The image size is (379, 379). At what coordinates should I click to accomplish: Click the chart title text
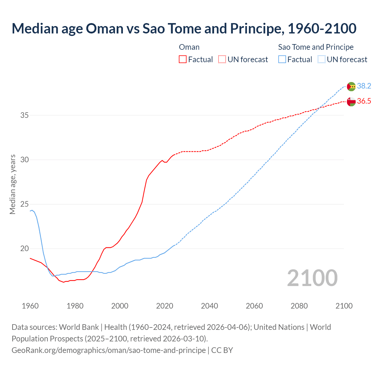click(x=184, y=28)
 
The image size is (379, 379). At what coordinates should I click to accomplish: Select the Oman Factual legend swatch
click(x=183, y=60)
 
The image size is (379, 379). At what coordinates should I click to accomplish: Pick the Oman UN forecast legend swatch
click(x=222, y=60)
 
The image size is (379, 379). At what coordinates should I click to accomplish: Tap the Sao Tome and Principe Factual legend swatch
click(x=282, y=60)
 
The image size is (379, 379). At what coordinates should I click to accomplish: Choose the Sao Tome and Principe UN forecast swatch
click(x=322, y=60)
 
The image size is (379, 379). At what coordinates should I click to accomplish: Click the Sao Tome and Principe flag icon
click(x=351, y=86)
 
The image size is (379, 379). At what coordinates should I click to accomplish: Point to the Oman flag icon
click(x=351, y=102)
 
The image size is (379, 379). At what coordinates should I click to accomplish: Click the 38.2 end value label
click(x=364, y=86)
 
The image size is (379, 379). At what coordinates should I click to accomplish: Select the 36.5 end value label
click(x=364, y=101)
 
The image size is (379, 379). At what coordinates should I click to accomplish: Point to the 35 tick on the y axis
click(x=24, y=115)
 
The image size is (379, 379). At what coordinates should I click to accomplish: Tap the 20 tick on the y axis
click(x=24, y=249)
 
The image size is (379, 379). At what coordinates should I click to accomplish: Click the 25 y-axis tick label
click(x=24, y=204)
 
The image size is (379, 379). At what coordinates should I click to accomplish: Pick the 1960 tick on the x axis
click(x=30, y=306)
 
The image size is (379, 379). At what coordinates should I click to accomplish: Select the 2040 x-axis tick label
click(x=209, y=306)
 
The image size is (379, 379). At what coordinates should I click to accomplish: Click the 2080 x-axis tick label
click(x=299, y=306)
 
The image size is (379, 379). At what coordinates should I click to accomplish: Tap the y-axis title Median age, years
click(x=12, y=184)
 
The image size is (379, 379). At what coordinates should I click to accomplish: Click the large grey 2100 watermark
click(x=312, y=278)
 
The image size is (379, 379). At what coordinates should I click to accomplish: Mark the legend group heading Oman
click(x=189, y=47)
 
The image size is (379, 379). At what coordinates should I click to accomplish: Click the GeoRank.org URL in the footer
click(x=109, y=350)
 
